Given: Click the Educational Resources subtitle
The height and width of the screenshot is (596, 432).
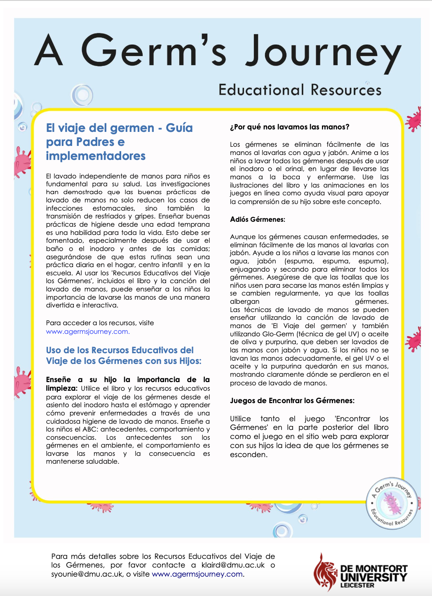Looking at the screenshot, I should (x=300, y=90).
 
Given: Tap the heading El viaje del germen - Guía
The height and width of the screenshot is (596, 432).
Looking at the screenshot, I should (x=119, y=128).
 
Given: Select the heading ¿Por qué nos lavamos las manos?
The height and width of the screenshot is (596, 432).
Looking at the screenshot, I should (x=289, y=127).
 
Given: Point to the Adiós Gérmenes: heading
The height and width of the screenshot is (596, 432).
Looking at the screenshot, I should (x=257, y=219).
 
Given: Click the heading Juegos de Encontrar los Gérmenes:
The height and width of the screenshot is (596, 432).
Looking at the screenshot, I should (x=292, y=401).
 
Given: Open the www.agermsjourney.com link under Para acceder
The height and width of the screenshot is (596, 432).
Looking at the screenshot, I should (x=88, y=331).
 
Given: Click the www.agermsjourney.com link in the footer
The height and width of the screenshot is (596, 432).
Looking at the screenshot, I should (x=197, y=574).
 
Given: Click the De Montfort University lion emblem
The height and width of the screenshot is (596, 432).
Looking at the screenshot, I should (x=326, y=572).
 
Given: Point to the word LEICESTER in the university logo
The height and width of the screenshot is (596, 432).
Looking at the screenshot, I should (x=357, y=585).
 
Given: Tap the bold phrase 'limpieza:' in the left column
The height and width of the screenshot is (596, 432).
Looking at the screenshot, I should (x=61, y=388).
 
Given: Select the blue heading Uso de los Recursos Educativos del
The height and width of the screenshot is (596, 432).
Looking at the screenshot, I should (x=120, y=350).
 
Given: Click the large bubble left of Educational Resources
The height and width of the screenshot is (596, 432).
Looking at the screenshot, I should (x=82, y=95).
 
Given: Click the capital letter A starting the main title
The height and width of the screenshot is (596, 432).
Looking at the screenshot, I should (x=49, y=50).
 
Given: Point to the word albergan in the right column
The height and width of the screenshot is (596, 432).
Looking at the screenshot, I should (x=244, y=301).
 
